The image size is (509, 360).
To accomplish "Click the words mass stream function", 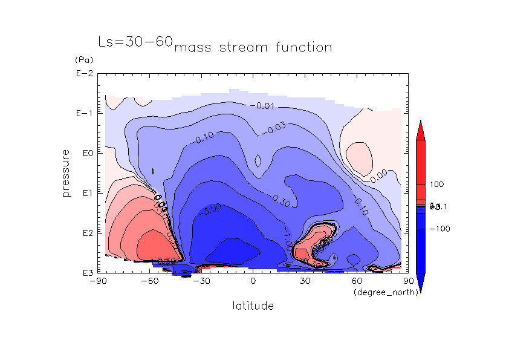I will click(253, 48).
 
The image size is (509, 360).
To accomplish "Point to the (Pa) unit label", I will click(82, 61).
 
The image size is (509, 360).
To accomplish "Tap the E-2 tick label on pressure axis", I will click(84, 74).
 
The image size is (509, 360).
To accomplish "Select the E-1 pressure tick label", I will click(84, 114).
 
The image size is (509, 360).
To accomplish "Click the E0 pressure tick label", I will click(86, 154).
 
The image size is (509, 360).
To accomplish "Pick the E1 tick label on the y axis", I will click(86, 193).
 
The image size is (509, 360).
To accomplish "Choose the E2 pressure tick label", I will click(86, 233).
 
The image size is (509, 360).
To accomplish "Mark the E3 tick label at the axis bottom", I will click(86, 273).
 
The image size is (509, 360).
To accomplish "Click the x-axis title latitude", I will click(253, 306).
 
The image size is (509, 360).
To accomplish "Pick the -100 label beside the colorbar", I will click(439, 229).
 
